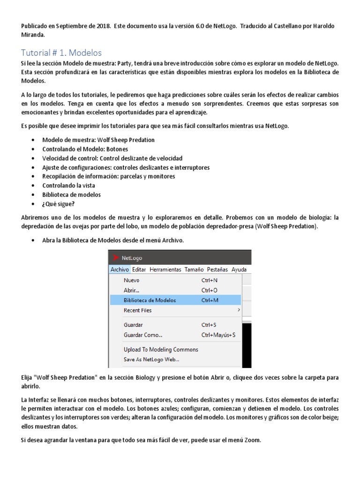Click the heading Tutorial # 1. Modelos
(x=61, y=52)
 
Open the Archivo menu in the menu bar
(x=120, y=270)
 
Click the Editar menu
(x=139, y=270)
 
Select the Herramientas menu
(x=165, y=270)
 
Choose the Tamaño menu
(x=194, y=270)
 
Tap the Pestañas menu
(x=217, y=270)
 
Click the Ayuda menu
(x=239, y=270)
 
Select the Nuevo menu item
(x=131, y=280)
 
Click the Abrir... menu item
(x=131, y=290)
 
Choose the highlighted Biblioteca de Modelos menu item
(x=150, y=300)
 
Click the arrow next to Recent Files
(x=239, y=310)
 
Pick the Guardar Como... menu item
(x=143, y=335)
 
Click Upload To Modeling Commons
(x=161, y=349)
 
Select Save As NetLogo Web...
(x=151, y=360)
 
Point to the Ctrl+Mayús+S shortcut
(x=218, y=335)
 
